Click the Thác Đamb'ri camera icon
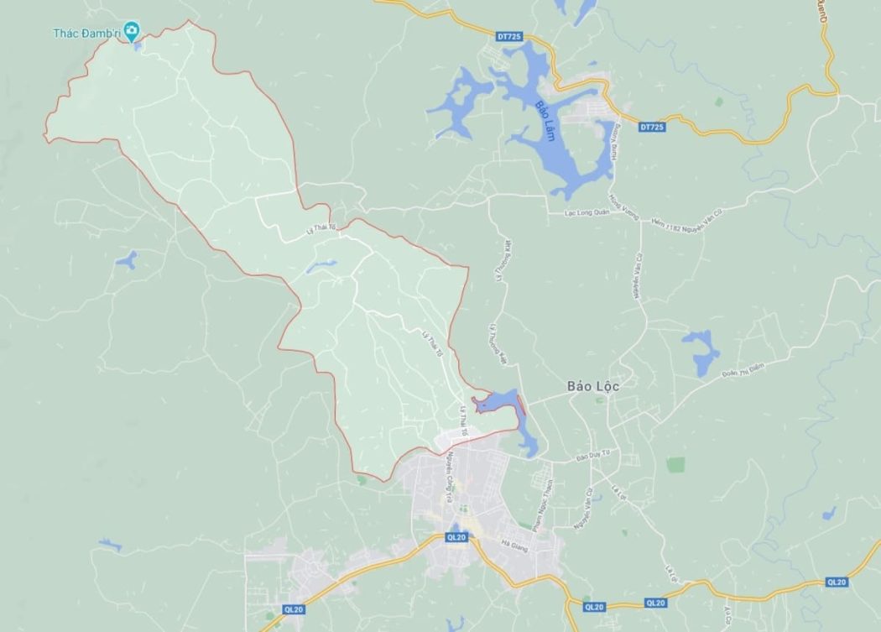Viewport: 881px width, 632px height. tap(131, 32)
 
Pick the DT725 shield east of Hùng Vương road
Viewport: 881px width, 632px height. tap(650, 127)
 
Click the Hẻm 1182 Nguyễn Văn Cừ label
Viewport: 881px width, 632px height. tap(680, 218)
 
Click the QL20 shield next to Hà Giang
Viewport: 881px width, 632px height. tap(456, 537)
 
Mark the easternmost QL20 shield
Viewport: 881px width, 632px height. tap(836, 582)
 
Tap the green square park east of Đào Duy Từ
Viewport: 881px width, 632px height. tap(675, 464)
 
